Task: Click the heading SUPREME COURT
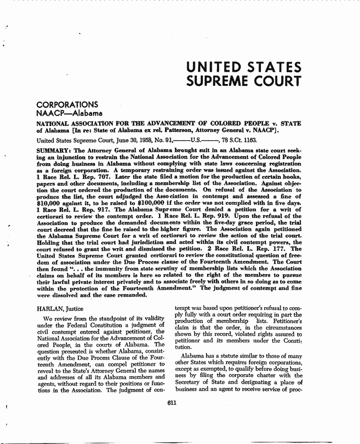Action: pos(243,81)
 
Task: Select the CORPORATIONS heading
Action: pos(67,104)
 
